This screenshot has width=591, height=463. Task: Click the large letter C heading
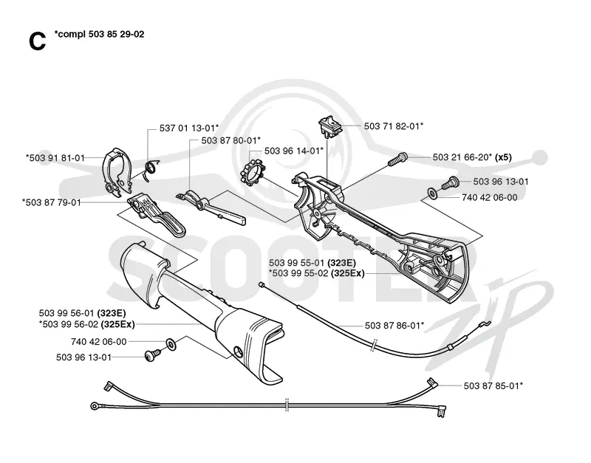click(x=37, y=41)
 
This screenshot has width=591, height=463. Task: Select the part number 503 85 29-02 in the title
click(x=116, y=34)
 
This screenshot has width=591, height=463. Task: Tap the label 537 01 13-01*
click(x=189, y=128)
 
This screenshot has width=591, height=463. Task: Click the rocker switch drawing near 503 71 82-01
click(x=330, y=126)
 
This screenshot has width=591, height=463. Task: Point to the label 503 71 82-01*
click(x=394, y=126)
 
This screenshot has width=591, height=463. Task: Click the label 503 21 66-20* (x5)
click(x=472, y=157)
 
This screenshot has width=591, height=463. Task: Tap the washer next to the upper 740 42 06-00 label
click(x=432, y=193)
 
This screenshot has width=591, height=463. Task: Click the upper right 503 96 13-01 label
click(x=501, y=182)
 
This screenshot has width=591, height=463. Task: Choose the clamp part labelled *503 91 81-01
click(x=116, y=172)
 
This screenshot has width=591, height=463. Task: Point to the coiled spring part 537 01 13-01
click(x=151, y=170)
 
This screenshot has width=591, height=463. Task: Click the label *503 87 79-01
click(x=51, y=202)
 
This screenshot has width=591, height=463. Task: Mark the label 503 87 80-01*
click(x=230, y=140)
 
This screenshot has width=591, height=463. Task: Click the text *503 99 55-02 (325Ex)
click(x=317, y=273)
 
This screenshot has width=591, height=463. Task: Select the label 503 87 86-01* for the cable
click(x=394, y=326)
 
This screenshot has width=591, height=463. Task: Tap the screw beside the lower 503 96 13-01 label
click(x=152, y=355)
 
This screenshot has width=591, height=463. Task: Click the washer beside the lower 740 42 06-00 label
click(x=171, y=343)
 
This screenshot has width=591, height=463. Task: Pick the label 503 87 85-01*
click(x=493, y=385)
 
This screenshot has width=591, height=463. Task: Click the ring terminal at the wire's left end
click(x=95, y=405)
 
